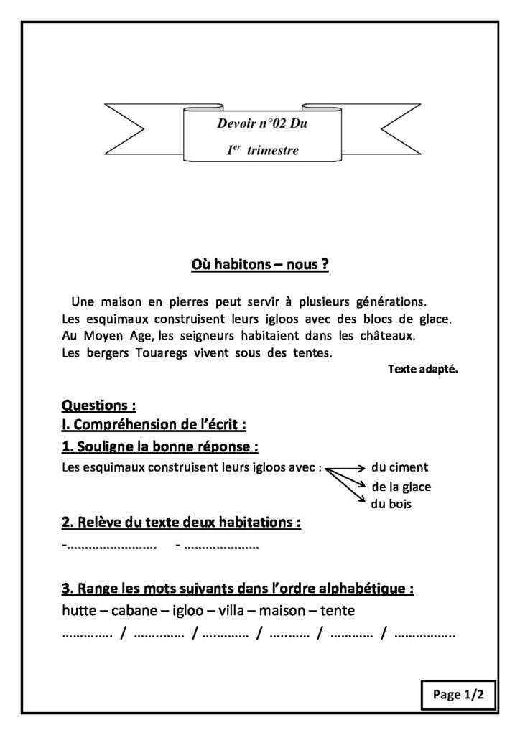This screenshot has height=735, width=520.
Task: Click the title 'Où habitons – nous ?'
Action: (x=259, y=266)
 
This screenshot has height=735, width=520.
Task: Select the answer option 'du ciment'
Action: (x=399, y=467)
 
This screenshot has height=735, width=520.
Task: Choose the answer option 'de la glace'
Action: (x=401, y=487)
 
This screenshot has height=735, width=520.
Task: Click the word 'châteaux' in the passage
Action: (x=385, y=335)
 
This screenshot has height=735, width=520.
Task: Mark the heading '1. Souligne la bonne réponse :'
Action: (x=160, y=446)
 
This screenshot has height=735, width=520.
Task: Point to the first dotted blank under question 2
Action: (x=111, y=547)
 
